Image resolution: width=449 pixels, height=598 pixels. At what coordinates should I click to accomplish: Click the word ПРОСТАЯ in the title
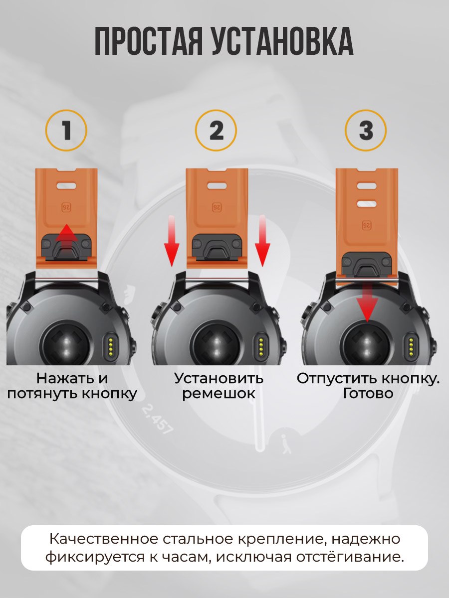pyautogui.click(x=149, y=41)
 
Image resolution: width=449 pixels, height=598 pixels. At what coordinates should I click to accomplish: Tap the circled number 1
pyautogui.click(x=66, y=130)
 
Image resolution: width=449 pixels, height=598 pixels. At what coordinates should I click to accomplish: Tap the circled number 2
pyautogui.click(x=216, y=130)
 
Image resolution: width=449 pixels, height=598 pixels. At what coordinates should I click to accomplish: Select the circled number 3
pyautogui.click(x=366, y=130)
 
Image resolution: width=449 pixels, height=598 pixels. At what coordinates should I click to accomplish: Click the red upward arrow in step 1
pyautogui.click(x=66, y=236)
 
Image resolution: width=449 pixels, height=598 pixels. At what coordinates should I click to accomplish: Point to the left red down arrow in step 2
pyautogui.click(x=172, y=241)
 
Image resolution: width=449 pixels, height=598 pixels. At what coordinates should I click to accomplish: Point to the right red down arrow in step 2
pyautogui.click(x=262, y=241)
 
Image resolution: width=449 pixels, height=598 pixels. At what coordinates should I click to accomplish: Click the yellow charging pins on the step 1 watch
pyautogui.click(x=110, y=348)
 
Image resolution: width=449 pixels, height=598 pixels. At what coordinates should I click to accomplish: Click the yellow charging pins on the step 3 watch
pyautogui.click(x=411, y=348)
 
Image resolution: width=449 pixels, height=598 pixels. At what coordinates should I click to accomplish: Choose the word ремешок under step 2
pyautogui.click(x=219, y=394)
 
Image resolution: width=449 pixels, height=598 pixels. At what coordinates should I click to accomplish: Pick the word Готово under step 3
pyautogui.click(x=368, y=393)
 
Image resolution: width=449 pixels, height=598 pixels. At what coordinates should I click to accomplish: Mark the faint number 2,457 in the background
pyautogui.click(x=158, y=420)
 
